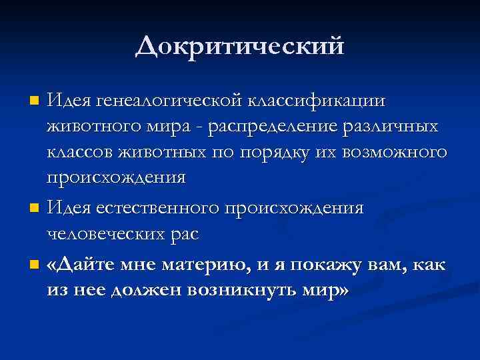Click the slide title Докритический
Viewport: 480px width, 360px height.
coord(240,47)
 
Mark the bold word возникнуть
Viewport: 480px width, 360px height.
coord(246,291)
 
